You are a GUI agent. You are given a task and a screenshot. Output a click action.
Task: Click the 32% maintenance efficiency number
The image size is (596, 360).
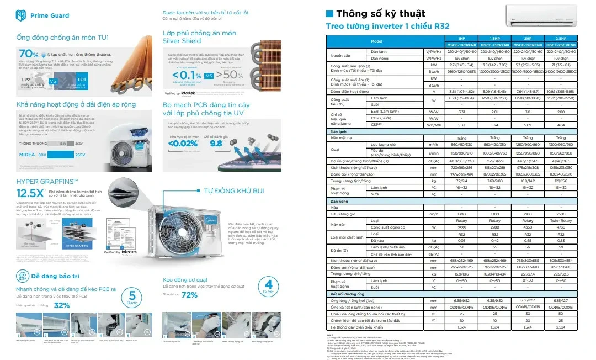tap(61, 305)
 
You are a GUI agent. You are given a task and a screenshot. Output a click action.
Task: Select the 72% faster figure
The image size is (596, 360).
tap(189, 295)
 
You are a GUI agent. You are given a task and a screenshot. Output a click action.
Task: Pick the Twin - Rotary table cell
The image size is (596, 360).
tap(561, 220)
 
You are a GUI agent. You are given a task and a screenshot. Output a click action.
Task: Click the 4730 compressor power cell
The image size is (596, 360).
tap(561, 227)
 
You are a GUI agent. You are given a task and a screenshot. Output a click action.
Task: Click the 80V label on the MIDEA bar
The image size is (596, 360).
tap(42, 155)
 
